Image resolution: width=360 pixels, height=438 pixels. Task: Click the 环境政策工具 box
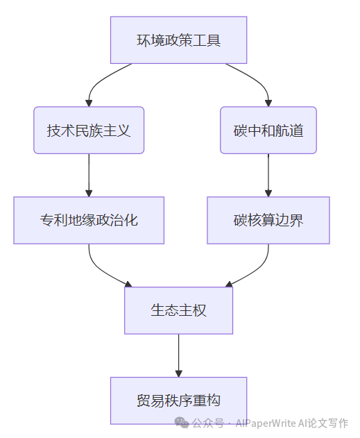point(178,40)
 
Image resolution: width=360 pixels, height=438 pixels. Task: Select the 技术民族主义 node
point(89,130)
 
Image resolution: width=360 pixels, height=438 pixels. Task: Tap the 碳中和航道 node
point(268,130)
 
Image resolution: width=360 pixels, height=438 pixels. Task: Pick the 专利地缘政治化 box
point(89,221)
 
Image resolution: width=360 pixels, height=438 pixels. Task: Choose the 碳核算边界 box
point(268,221)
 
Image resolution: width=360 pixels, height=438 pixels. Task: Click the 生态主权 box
point(178,310)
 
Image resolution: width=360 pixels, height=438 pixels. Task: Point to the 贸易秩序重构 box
point(178,401)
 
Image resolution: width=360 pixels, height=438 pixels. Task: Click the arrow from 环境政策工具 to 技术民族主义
point(98,81)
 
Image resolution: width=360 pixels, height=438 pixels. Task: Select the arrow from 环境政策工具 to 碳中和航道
point(258,81)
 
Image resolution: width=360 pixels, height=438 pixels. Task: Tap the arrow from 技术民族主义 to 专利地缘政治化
point(89,175)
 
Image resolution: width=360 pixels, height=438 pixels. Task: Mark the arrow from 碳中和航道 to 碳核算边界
point(268,175)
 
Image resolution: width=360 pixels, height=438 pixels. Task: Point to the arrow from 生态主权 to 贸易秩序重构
point(178,355)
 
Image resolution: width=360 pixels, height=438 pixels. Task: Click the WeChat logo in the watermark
point(182,423)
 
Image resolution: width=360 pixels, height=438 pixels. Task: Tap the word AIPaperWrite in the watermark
point(266,423)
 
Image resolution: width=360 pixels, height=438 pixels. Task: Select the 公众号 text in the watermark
point(208,423)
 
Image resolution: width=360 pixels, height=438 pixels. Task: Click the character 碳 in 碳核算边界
point(241,221)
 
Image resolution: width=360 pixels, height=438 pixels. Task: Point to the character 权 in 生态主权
point(200,310)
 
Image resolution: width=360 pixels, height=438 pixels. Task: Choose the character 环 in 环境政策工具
point(144,40)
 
